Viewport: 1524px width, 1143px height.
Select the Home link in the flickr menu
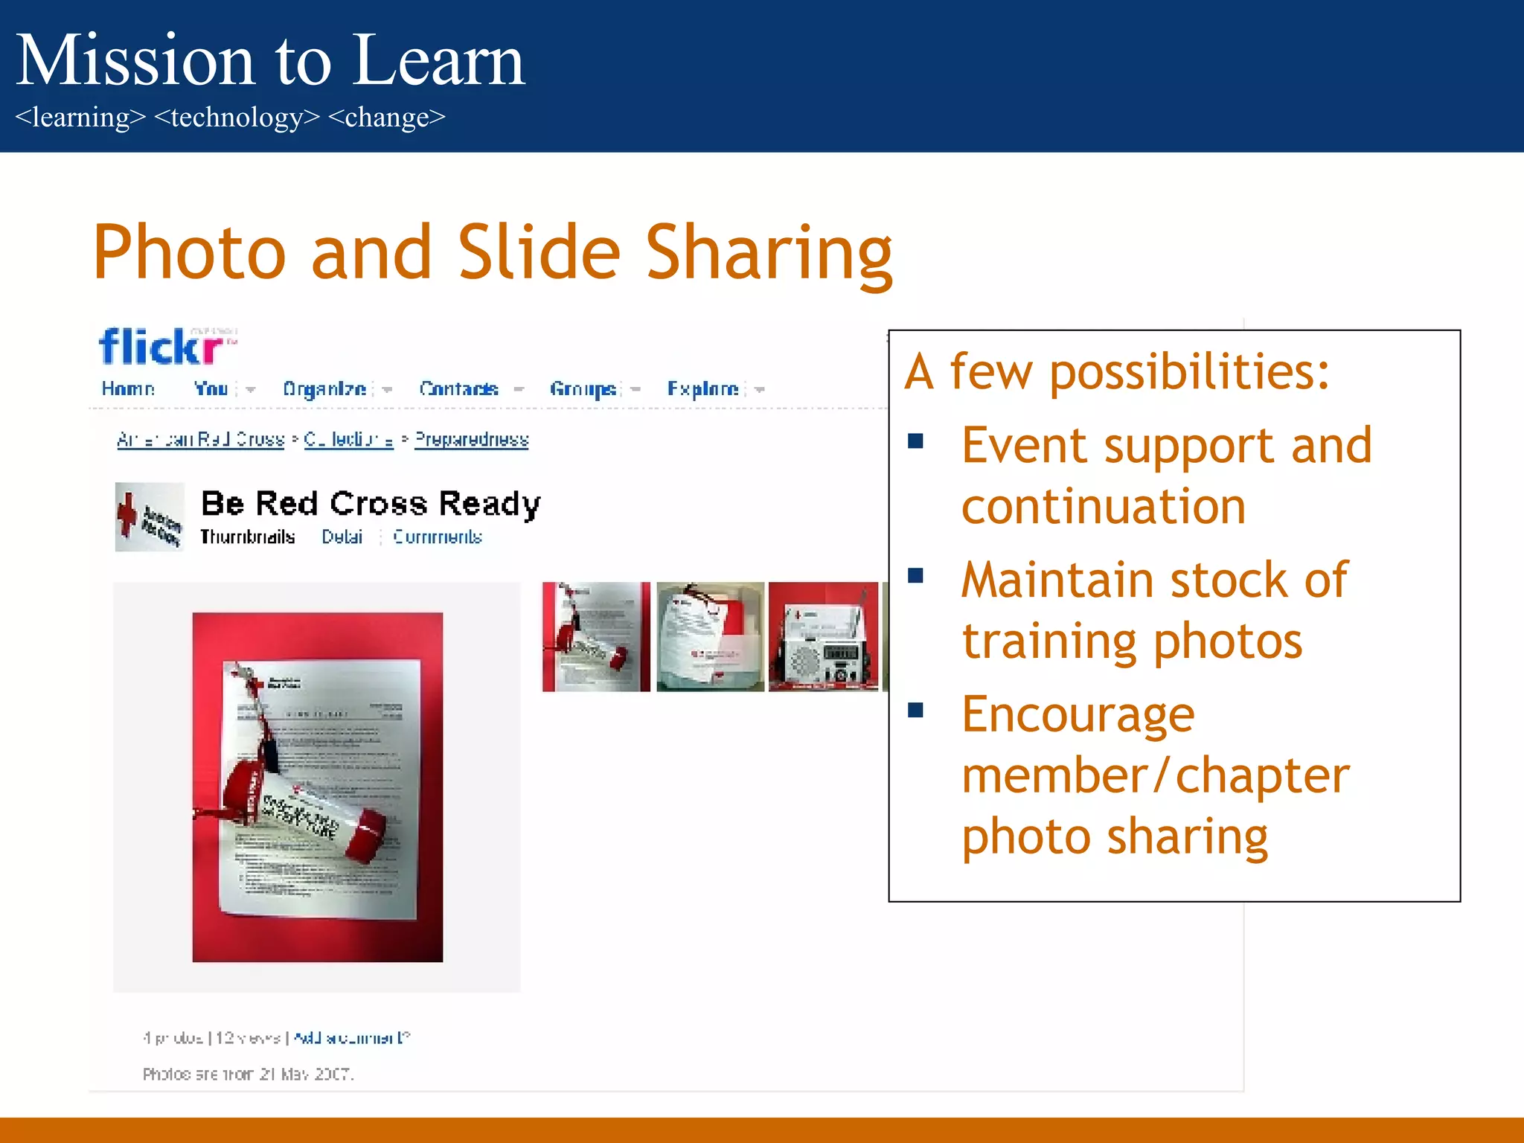tap(128, 388)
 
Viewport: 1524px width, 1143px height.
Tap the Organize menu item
tap(324, 388)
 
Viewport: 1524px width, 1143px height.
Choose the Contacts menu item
tap(458, 388)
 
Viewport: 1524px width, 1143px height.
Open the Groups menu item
tap(583, 388)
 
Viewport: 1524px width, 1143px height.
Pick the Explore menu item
tap(702, 388)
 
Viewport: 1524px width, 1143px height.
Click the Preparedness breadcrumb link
tap(471, 440)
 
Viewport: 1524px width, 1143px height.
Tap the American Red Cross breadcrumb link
tap(200, 440)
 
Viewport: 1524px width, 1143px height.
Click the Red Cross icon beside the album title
tap(149, 517)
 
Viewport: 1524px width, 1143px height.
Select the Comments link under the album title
tap(438, 537)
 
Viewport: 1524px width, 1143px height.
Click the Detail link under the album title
tap(342, 537)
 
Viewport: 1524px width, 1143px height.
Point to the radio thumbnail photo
tap(823, 637)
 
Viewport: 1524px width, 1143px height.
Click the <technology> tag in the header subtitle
tap(237, 118)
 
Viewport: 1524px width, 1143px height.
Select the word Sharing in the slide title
tap(769, 253)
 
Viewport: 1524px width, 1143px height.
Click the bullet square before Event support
tap(915, 441)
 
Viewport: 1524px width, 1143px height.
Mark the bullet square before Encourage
tap(915, 710)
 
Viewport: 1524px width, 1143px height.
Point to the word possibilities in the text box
tap(1188, 372)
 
